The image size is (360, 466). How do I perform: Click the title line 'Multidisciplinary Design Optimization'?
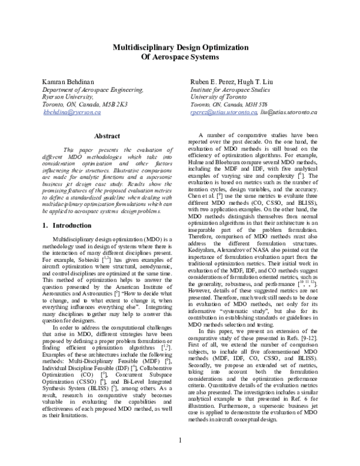click(179, 48)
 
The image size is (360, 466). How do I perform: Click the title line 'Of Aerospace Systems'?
click(179, 58)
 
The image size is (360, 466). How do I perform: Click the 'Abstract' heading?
click(107, 136)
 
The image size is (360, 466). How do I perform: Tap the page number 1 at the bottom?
click(179, 441)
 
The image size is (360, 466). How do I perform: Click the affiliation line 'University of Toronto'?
click(216, 96)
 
